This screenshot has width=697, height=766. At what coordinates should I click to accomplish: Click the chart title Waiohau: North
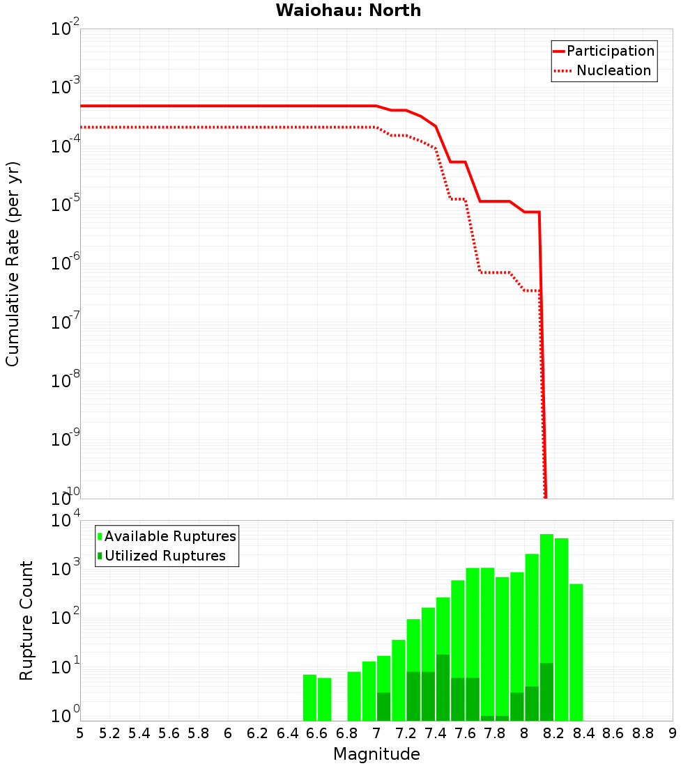348,10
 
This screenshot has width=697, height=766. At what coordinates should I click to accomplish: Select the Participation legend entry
611,51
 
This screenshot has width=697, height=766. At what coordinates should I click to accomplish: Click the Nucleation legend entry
613,70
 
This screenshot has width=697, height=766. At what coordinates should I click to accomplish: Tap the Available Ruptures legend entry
170,536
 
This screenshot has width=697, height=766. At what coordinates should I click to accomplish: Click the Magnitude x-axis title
376,754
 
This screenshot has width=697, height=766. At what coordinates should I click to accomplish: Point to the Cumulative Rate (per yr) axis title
13,264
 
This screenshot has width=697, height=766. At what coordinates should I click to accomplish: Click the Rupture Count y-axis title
26,620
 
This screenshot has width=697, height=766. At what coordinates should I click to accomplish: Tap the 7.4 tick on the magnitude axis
436,733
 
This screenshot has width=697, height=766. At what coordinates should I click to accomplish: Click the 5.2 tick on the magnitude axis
109,733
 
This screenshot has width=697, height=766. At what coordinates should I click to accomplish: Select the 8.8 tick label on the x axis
643,733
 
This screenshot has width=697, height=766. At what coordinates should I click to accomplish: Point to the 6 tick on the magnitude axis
228,733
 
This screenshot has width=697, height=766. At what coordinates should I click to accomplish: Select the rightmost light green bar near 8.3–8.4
576,652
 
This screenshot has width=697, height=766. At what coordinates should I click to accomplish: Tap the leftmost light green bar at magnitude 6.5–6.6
309,697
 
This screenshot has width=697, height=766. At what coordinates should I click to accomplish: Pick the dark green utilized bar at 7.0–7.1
383,706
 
